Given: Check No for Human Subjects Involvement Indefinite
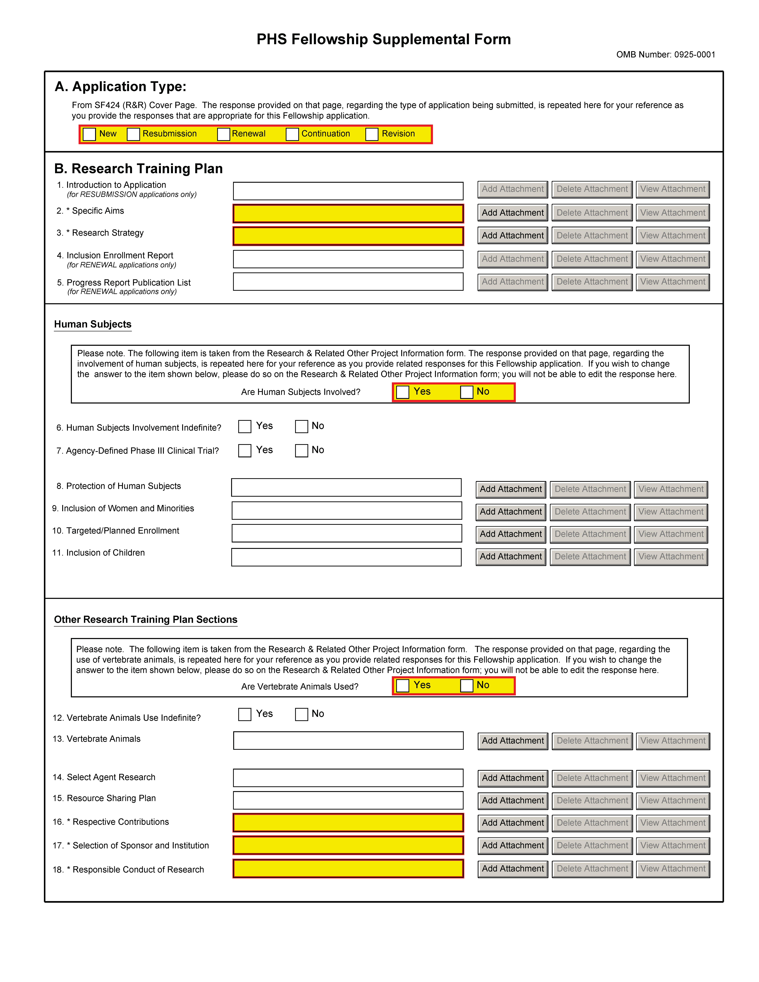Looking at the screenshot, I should tap(301, 426).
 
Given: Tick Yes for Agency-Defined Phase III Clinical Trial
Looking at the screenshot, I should tap(245, 451).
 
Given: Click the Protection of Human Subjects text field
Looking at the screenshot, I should tap(346, 487).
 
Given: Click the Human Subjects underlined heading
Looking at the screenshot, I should tap(93, 324).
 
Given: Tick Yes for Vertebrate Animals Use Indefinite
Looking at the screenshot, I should tap(245, 714).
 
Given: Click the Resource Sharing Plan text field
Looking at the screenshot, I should tap(348, 800).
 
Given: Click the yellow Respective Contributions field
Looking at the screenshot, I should tap(348, 823).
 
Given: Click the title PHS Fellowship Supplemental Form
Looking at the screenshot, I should tap(384, 40).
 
